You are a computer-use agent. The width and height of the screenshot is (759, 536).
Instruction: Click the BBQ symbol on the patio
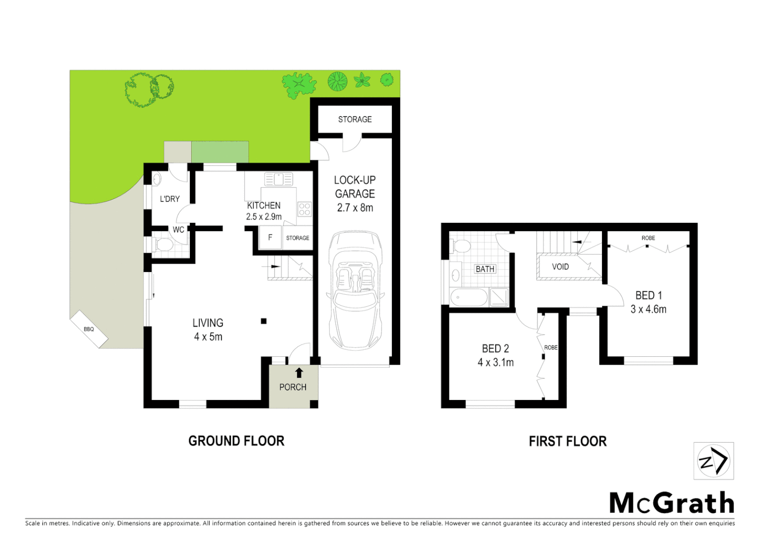pos(89,329)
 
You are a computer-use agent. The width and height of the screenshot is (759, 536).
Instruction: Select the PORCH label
pos(293,387)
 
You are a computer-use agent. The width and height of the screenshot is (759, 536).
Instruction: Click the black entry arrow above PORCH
pos(299,373)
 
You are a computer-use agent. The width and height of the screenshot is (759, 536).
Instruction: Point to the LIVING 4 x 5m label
pos(208,330)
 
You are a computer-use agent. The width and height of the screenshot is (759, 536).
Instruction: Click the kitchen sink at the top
pos(278,179)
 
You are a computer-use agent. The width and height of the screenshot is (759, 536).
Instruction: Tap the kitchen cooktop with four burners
pos(304,209)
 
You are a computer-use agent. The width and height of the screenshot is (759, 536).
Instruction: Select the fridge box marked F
pos(270,237)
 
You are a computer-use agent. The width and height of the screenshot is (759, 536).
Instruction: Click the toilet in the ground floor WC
pos(163,244)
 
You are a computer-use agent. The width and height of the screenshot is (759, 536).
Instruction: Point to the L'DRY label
pos(169,199)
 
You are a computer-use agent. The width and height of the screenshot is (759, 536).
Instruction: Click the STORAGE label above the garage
pos(355,119)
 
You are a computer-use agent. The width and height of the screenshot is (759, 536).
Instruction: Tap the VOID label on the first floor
pos(560,267)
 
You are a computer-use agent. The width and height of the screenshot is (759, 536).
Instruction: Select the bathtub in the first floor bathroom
pos(469,297)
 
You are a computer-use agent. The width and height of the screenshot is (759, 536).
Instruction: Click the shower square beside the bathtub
pos(499,297)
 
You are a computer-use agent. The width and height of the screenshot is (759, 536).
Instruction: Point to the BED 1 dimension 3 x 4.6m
pos(648,309)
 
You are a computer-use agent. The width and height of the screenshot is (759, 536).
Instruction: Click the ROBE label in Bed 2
pos(550,347)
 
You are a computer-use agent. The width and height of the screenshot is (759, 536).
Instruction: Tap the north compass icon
pos(713,461)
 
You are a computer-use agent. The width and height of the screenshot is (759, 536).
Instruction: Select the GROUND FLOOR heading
pos(236,441)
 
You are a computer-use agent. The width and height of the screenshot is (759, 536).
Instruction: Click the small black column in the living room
pos(264,321)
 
